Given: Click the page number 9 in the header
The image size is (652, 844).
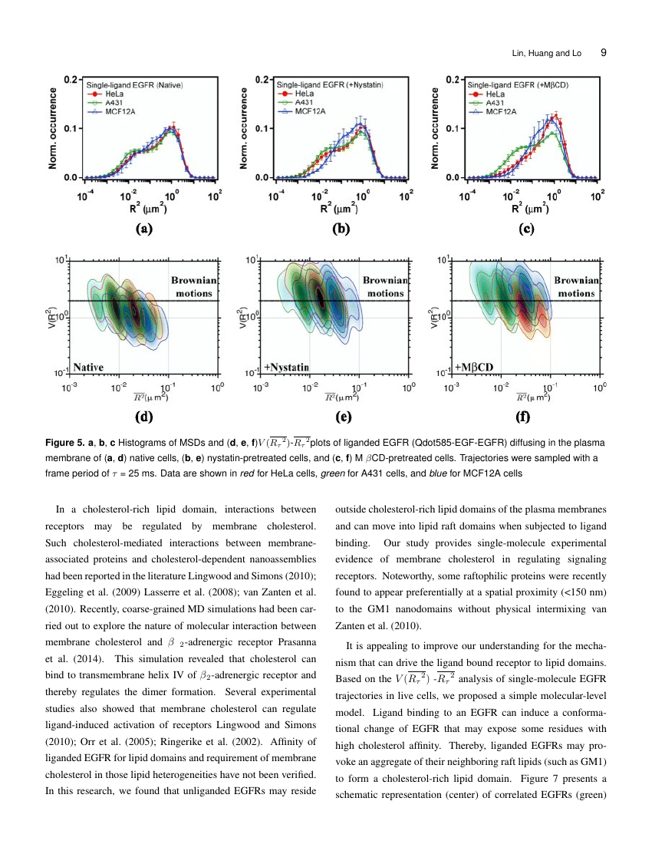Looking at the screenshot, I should [604, 53].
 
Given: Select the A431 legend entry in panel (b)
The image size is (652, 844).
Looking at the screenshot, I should [298, 102].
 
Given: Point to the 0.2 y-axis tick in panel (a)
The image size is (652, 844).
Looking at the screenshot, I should [70, 79].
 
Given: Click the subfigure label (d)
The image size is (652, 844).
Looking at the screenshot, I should [143, 418].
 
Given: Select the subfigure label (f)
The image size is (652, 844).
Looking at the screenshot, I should [527, 418].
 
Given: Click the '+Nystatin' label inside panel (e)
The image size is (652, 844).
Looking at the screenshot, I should [285, 366].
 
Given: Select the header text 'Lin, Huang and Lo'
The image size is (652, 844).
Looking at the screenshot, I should [546, 54].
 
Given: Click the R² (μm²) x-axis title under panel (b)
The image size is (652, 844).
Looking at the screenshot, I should [338, 207].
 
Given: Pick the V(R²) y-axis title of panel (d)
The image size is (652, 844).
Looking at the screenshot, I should [52, 316].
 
